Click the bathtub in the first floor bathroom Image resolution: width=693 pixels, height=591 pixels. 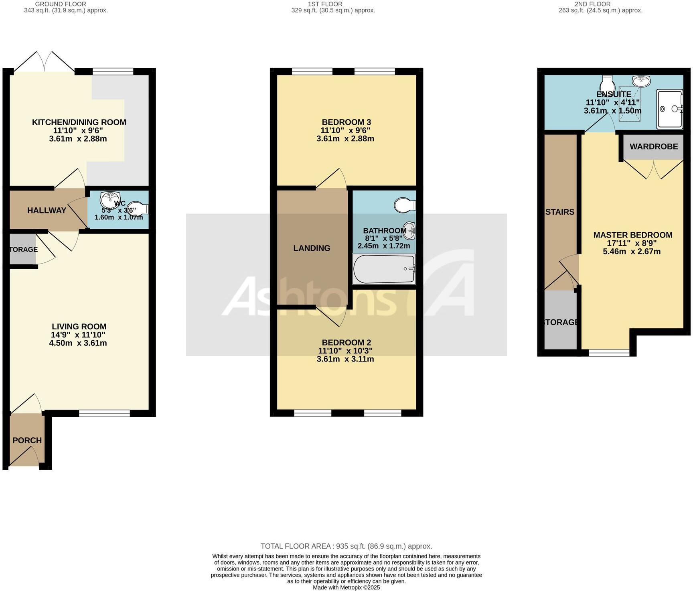point(384,269)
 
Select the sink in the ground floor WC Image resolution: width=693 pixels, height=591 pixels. point(110,199)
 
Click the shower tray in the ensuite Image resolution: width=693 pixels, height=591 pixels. point(670,109)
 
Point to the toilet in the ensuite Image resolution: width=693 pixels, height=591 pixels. point(608,84)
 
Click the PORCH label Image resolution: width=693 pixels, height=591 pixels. point(27,441)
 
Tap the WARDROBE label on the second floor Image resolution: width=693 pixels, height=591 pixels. point(653,146)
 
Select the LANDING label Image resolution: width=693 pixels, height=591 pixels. point(312,248)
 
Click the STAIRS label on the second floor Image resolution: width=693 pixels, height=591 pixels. point(560,212)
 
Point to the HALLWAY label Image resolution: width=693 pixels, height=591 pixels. point(47,210)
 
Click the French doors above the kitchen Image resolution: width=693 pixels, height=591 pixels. point(44,63)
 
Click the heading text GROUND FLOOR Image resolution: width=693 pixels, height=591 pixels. point(61,4)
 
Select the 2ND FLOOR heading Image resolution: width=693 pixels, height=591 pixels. point(592,4)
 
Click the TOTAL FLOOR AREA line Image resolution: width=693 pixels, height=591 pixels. point(346,546)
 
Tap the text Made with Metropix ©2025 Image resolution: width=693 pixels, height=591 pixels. point(346,587)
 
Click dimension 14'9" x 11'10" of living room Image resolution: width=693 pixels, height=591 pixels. point(78,335)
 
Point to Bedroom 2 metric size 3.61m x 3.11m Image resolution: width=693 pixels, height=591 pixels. point(345,359)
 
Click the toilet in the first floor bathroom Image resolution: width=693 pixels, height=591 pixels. point(405,205)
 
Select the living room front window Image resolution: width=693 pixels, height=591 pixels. point(104,413)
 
